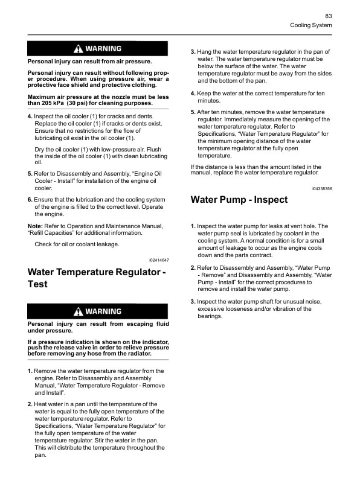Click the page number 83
(329, 16)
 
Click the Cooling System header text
(311, 25)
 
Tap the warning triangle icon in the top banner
(78, 48)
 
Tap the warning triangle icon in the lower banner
(78, 311)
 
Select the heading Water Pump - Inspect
(239, 200)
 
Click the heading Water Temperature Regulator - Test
(97, 278)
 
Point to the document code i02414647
(159, 260)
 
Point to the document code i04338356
(322, 189)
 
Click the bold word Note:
(35, 226)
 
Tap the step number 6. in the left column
(30, 200)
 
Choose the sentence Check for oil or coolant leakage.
(77, 244)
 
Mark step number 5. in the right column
(193, 112)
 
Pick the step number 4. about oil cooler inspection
(30, 116)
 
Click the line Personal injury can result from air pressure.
(90, 62)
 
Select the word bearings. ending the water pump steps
(210, 316)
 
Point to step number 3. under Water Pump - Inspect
(193, 301)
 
